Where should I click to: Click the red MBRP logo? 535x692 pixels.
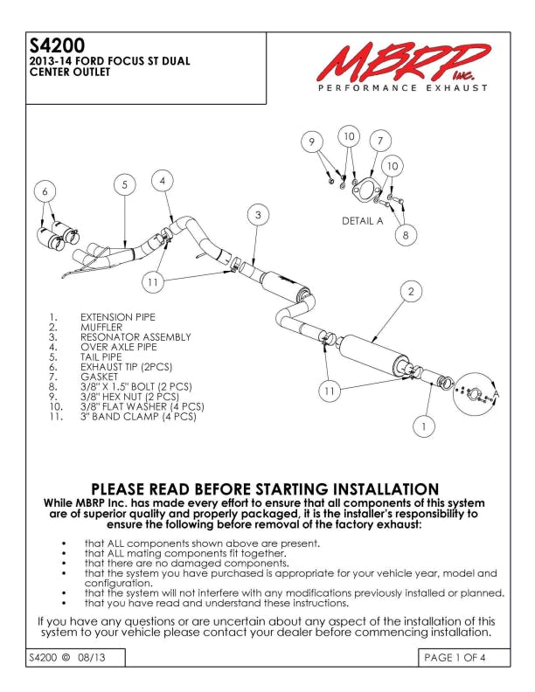coord(403,62)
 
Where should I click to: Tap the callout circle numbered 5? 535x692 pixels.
coord(125,184)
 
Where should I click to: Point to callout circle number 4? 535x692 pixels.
coord(162,180)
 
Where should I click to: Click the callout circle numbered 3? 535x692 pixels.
coord(258,214)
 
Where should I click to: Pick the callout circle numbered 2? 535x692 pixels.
coord(410,291)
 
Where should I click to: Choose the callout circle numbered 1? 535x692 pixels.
coord(423,427)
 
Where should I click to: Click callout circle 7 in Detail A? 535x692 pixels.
coord(379,140)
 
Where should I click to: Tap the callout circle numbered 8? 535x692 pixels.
coord(405,234)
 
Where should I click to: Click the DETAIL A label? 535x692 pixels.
coord(362,221)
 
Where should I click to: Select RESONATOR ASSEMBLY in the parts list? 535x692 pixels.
coord(135,336)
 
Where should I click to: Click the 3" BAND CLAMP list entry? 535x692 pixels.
coord(138,416)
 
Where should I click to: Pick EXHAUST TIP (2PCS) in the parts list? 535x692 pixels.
coord(127,366)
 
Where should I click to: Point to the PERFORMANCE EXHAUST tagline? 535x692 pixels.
coord(402,88)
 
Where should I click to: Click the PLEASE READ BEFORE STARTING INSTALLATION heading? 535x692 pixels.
coord(266,488)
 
